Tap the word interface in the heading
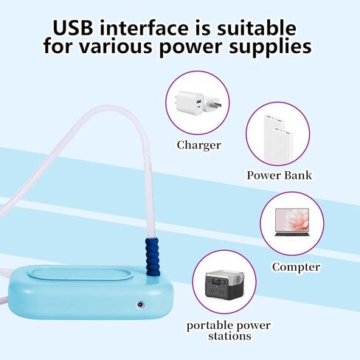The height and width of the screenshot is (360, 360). coord(145,28)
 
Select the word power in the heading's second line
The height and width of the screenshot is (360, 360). coord(191,47)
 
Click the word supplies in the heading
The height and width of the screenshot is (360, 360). coord(270,46)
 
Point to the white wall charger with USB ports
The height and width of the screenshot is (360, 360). coord(190,103)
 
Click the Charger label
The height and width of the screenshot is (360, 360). coord(199,145)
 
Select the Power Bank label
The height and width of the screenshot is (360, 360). coord(279,176)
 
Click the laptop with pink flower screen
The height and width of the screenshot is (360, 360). coord(292,222)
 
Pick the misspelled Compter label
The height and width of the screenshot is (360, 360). coord(296,267)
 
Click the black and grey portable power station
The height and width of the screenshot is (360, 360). coord(224,283)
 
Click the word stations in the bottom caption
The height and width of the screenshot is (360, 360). coord(229,336)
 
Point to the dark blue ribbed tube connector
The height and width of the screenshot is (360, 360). coord(153,256)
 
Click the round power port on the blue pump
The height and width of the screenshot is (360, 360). coord(140,305)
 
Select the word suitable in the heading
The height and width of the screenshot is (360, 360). coord(256,28)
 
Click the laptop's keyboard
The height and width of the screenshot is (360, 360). coord(292,234)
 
